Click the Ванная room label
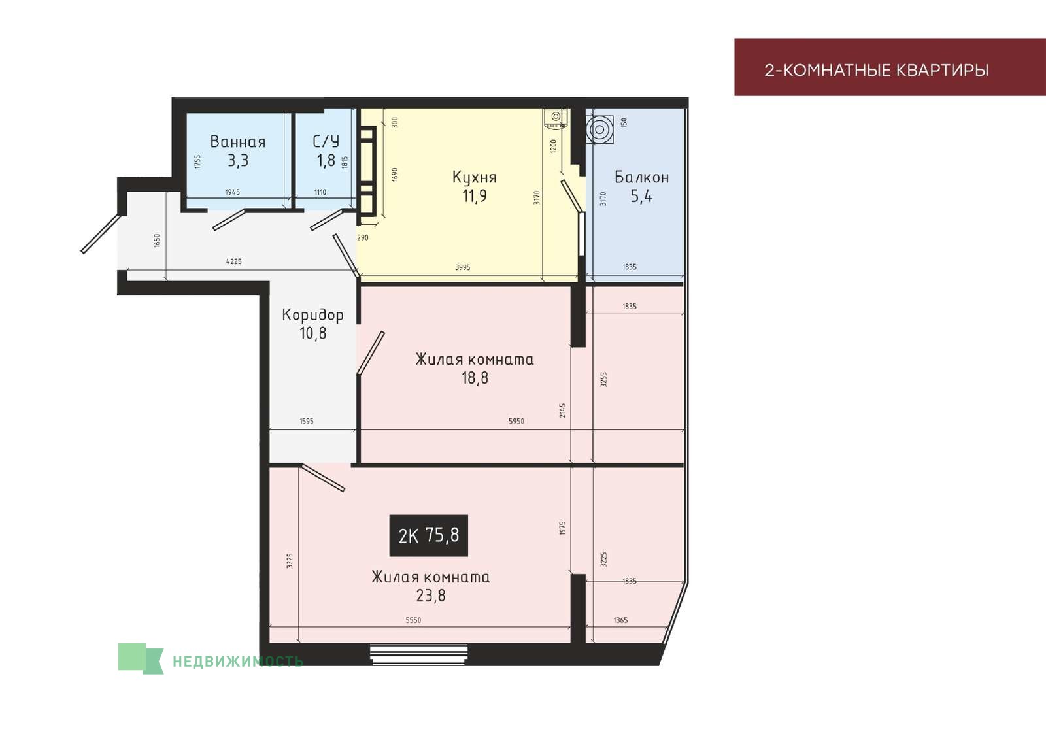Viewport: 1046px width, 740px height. (x=238, y=141)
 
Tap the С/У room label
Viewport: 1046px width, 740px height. (x=326, y=141)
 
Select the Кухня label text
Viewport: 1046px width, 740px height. (x=475, y=177)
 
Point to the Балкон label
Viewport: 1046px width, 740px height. (x=641, y=177)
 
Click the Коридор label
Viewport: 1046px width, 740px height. (x=313, y=315)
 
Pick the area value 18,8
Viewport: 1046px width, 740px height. (x=475, y=378)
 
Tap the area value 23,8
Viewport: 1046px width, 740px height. (x=431, y=596)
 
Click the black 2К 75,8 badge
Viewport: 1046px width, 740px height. (x=429, y=535)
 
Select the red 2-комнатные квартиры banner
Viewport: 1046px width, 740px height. (x=890, y=67)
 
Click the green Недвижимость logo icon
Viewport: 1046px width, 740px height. (x=141, y=658)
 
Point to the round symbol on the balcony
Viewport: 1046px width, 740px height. (x=599, y=130)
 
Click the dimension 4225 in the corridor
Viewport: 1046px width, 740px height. (x=234, y=261)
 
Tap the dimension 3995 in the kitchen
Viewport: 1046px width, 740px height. (x=463, y=267)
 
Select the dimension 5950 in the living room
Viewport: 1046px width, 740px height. (x=516, y=421)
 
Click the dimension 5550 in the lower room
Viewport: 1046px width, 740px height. (x=413, y=620)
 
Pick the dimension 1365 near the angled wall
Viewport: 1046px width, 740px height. (x=620, y=620)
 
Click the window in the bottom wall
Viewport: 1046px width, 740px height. (x=418, y=654)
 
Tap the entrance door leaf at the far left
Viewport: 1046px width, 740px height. (x=99, y=234)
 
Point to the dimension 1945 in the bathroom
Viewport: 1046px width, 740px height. (x=233, y=192)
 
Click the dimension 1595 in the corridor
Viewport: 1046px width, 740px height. (x=307, y=421)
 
